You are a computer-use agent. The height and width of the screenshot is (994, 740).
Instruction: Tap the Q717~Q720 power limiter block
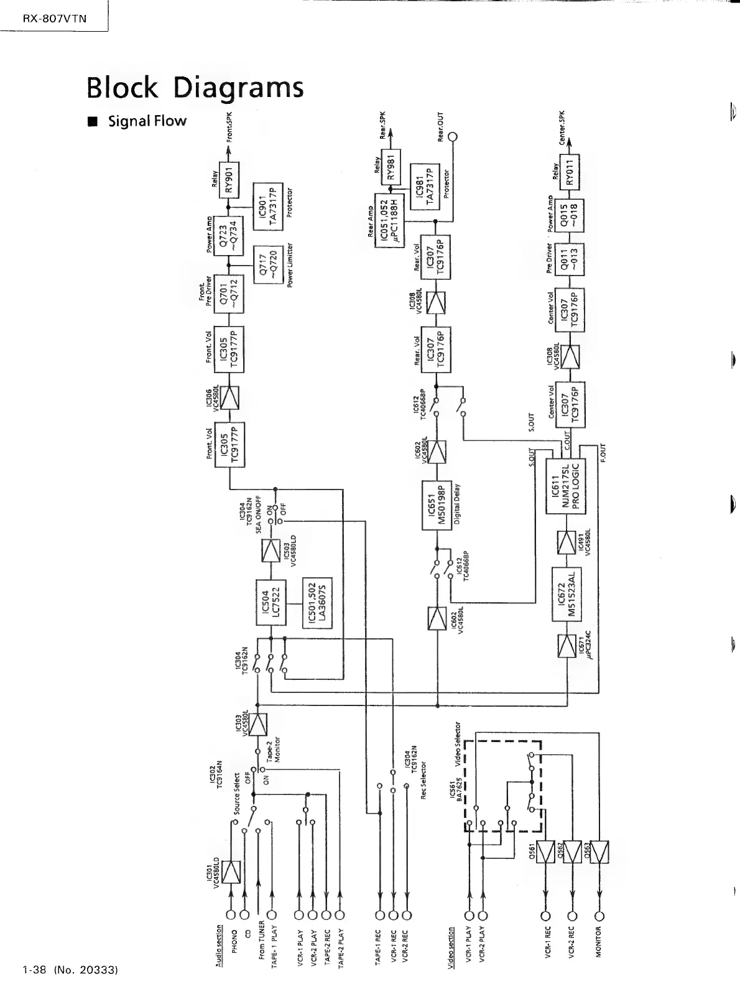pyautogui.click(x=268, y=264)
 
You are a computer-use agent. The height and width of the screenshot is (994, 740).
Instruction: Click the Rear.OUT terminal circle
pyautogui.click(x=453, y=137)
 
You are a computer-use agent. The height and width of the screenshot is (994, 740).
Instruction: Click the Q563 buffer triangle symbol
pyautogui.click(x=599, y=852)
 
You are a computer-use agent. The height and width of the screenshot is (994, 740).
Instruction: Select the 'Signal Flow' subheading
pyautogui.click(x=147, y=121)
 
